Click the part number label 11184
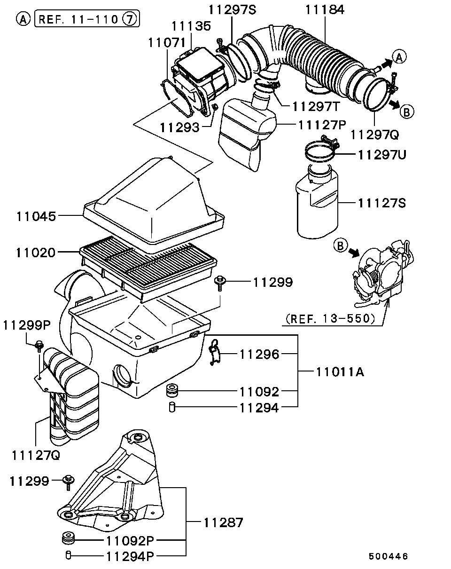tap(325, 9)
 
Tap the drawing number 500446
tap(388, 556)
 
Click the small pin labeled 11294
tap(172, 407)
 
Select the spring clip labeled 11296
tap(215, 353)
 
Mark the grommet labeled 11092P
tap(69, 538)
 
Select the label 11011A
tap(340, 372)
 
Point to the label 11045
tap(36, 216)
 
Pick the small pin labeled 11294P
tap(68, 555)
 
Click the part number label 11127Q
tap(36, 456)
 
